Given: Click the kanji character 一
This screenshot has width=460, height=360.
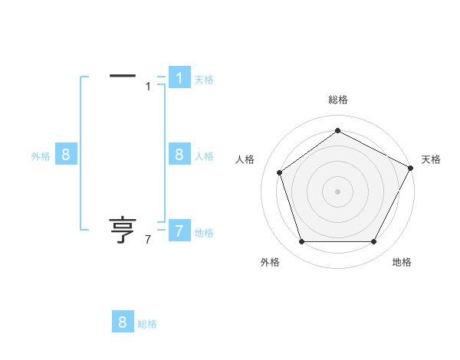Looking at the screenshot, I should pos(123,76).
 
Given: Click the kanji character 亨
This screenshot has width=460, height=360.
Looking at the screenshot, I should pos(123,230).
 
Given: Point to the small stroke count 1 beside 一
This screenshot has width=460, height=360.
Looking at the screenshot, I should pos(148,87).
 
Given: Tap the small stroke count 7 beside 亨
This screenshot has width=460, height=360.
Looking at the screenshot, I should pos(147,240).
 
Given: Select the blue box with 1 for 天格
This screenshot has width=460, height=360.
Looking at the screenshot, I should pos(179,78).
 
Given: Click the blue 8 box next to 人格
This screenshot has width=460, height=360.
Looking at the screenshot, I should pos(179,155).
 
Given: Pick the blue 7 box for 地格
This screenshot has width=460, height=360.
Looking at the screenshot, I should pos(179,231).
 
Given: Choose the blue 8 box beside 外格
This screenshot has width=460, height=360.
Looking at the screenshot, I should pos(66,155).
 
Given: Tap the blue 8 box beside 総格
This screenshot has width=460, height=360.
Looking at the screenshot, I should pos(123,322).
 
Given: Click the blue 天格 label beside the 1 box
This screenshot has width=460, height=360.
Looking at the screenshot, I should pos(204,80).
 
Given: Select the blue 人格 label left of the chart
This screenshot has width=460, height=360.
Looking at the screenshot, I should pos(204,156).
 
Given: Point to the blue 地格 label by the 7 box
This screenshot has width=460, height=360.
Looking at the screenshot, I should pos(204,233).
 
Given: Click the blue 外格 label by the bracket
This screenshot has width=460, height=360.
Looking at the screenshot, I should pos(41,156).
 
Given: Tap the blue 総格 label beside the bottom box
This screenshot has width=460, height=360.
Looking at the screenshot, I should pos(147,324).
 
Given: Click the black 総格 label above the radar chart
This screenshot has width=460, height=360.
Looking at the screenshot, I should pos(338,100).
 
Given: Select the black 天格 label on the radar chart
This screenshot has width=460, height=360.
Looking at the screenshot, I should pos(431,159).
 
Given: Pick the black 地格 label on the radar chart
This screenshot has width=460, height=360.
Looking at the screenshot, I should pos(402,262).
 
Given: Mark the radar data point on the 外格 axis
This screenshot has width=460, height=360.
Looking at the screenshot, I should pos(301,242).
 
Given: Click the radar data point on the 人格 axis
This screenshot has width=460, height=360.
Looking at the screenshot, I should pos(279,172).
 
